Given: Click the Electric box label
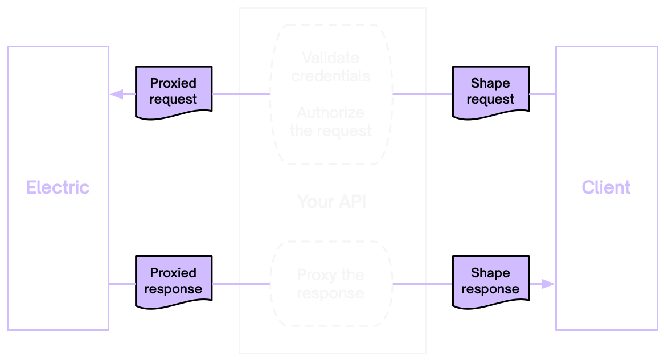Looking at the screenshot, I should [58, 187].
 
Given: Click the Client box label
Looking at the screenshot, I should [606, 187].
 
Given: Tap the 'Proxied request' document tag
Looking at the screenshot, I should [174, 92].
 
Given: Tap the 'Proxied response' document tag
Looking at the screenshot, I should [174, 281].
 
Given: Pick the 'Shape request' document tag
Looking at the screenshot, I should [490, 92].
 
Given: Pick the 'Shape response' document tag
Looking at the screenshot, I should [490, 281].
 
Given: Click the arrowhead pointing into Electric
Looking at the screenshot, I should [116, 94].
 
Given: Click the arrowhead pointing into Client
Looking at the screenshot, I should [548, 284].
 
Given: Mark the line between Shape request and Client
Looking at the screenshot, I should [542, 94].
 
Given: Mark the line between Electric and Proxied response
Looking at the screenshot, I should [122, 284].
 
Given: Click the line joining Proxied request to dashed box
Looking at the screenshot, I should [239, 94].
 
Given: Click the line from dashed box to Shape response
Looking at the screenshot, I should [423, 284].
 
